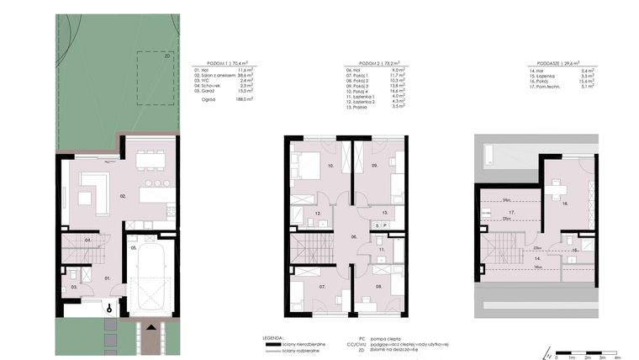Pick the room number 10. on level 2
(306, 167)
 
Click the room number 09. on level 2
(376, 167)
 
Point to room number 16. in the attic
(564, 204)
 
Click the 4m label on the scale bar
(617, 357)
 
